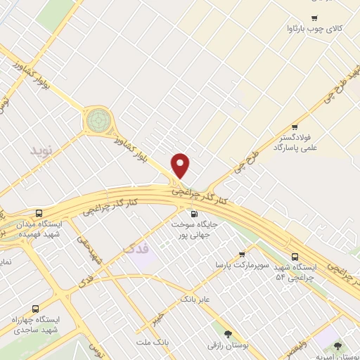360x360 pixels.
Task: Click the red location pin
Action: [x=181, y=165]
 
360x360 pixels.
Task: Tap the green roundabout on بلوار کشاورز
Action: [x=98, y=120]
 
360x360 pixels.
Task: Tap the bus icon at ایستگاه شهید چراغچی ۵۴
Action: [x=295, y=257]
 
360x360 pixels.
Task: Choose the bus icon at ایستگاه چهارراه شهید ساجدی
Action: [x=35, y=307]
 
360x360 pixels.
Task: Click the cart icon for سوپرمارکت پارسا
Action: [x=242, y=255]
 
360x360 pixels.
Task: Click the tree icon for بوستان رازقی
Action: [x=226, y=334]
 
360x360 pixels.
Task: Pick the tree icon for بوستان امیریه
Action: [x=339, y=345]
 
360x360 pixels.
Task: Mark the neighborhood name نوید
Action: [x=41, y=150]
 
